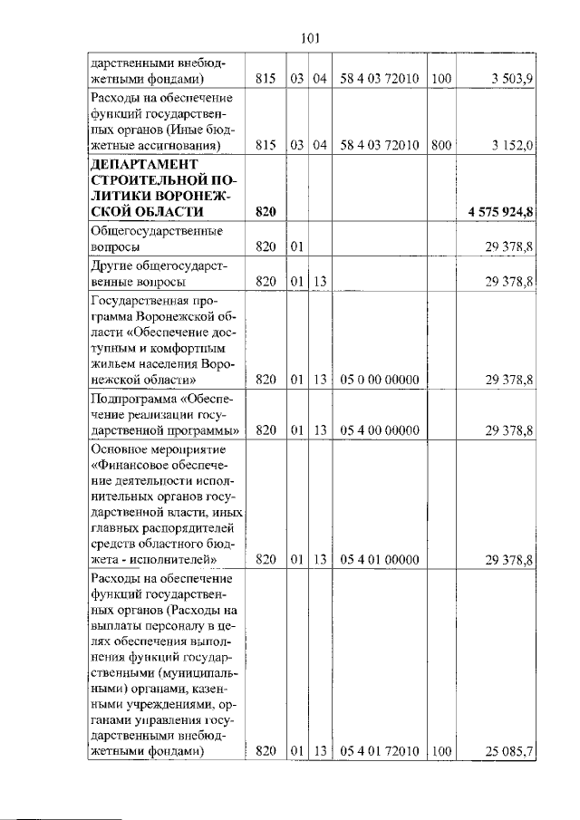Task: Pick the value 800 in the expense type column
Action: pyautogui.click(x=441, y=145)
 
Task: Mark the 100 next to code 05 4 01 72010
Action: pyautogui.click(x=441, y=750)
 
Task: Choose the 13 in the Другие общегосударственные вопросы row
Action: pyautogui.click(x=319, y=282)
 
